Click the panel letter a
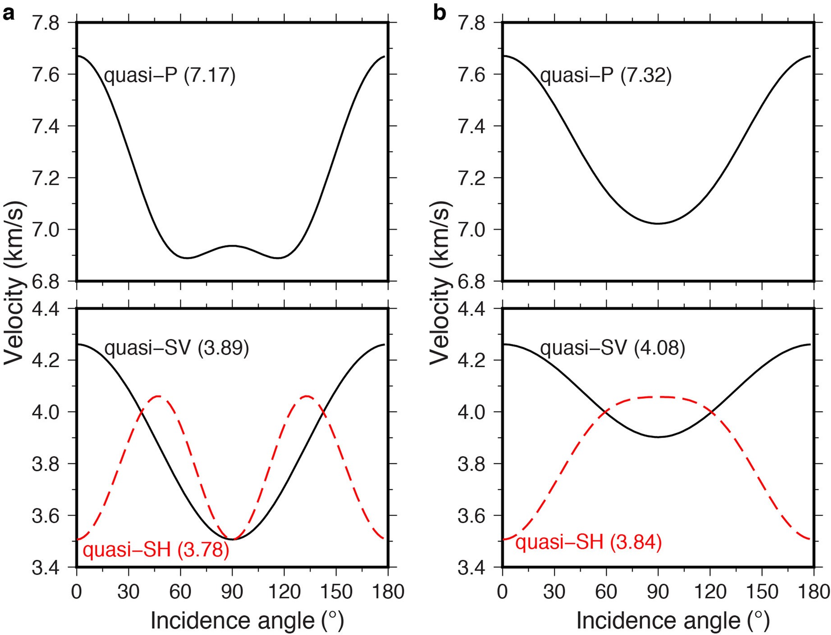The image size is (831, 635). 9,13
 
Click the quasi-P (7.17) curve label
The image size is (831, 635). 170,76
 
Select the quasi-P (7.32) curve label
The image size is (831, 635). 606,76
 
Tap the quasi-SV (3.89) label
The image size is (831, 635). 176,348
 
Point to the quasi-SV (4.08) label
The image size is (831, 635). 612,348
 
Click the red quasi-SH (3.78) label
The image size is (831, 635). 156,550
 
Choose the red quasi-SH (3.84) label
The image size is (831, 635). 589,542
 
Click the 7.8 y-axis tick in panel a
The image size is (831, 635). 45,23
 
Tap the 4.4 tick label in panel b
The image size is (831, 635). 471,309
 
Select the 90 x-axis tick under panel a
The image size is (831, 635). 232,592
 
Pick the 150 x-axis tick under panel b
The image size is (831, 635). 762,592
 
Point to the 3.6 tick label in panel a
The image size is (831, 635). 45,516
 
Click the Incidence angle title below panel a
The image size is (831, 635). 247,621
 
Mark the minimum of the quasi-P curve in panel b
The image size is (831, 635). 658,223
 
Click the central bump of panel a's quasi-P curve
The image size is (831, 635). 232,246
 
